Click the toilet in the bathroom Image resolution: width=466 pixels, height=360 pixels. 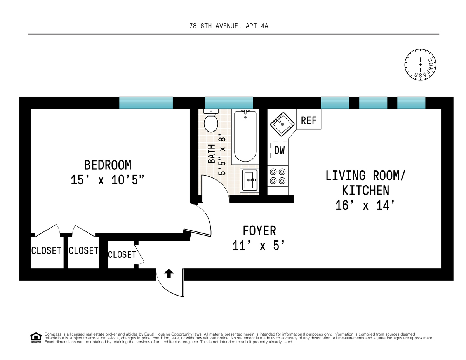click(211, 121)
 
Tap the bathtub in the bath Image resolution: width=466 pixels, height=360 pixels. click(245, 137)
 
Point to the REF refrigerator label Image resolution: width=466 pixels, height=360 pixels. click(309, 120)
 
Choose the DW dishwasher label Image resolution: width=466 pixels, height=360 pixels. click(280, 150)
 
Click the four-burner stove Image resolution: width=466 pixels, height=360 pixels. click(278, 176)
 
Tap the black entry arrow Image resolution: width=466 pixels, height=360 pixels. click(169, 273)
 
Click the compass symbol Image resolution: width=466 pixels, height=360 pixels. click(420, 65)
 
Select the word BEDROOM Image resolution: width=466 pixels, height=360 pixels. click(108, 165)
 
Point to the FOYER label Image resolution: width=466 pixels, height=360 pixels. click(259, 231)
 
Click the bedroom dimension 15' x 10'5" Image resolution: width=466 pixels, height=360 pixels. click(107, 180)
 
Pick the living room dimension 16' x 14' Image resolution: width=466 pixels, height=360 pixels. click(365, 205)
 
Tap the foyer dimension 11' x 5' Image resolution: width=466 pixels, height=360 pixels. click(259, 245)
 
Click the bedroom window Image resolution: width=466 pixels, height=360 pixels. click(146, 103)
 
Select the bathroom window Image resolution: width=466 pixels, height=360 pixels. click(229, 103)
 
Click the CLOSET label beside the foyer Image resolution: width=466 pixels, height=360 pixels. click(122, 255)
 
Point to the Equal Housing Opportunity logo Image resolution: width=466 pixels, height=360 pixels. click(36, 338)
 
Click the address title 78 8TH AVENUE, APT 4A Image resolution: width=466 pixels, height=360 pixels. click(229, 26)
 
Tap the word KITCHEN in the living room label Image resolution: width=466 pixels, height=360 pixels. click(365, 190)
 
